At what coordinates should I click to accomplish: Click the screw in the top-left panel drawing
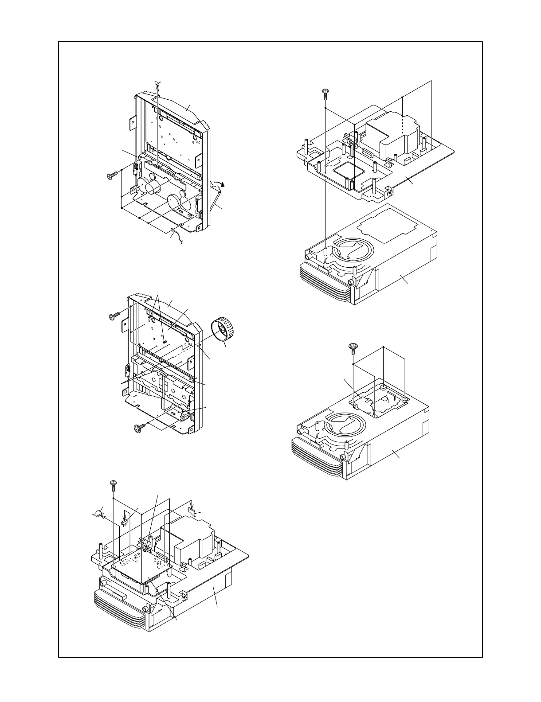click(114, 176)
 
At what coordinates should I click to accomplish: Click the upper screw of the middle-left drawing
click(114, 317)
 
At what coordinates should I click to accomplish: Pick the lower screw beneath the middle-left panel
click(140, 428)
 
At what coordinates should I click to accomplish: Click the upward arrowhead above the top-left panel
click(157, 84)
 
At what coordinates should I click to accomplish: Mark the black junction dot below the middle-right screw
click(353, 364)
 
